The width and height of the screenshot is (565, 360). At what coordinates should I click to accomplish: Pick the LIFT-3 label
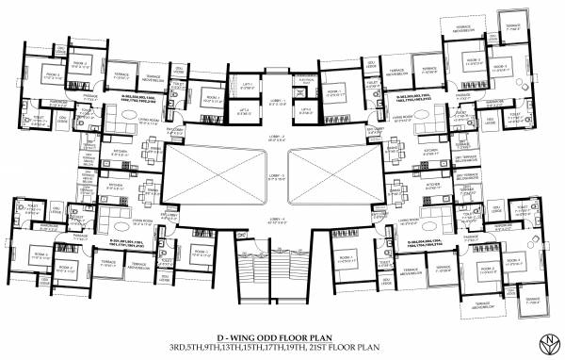point(306,109)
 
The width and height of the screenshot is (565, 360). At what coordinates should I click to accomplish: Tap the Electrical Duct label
point(305,85)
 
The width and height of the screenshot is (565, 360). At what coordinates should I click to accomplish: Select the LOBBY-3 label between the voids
point(279,177)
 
